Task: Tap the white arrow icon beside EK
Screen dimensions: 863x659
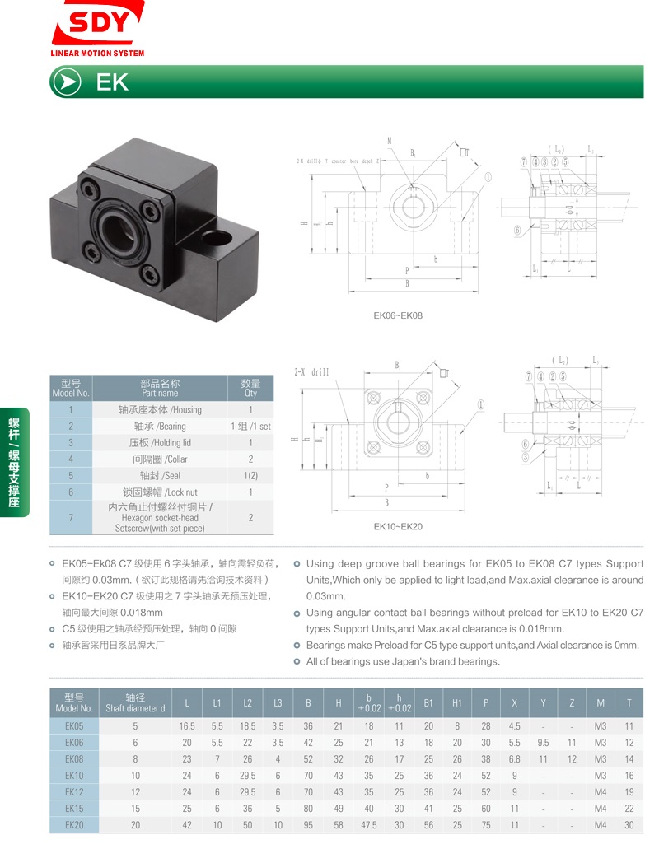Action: click(66, 82)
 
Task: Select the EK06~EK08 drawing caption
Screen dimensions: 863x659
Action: click(398, 315)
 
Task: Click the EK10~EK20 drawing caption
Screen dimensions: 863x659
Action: click(398, 526)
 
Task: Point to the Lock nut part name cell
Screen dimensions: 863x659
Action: click(159, 492)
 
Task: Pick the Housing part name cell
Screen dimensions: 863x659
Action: click(159, 409)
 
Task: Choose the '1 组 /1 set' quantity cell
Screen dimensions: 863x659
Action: click(250, 426)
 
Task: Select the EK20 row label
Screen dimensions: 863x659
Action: click(74, 824)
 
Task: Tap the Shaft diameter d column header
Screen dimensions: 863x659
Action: click(135, 702)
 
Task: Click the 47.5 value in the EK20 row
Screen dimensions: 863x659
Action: click(369, 824)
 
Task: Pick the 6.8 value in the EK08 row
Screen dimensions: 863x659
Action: click(514, 758)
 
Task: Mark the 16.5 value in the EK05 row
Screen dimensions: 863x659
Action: click(187, 726)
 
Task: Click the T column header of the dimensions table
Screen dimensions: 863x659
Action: click(629, 702)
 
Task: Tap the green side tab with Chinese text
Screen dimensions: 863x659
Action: click(14, 461)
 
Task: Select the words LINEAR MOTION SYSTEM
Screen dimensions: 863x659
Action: click(97, 54)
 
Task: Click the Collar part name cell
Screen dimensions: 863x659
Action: click(159, 459)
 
